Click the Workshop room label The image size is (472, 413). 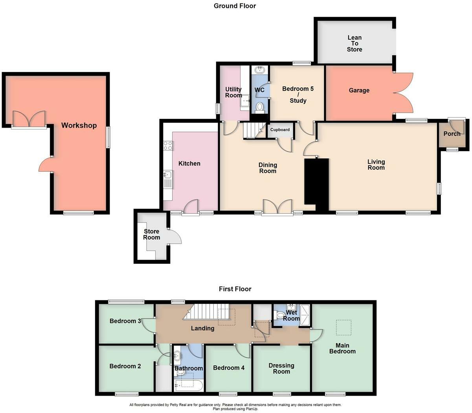(79, 126)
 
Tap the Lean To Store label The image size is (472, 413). (354, 44)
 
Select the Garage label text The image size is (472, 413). (359, 91)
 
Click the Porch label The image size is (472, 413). (452, 134)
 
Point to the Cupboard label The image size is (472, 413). (280, 130)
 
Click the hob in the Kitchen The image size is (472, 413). (168, 145)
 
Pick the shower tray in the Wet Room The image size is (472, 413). (305, 315)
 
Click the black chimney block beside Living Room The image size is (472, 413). (317, 183)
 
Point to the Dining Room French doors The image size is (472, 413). (277, 207)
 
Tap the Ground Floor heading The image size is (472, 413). (235, 6)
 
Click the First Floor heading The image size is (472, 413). (235, 289)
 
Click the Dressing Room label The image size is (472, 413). (281, 369)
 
